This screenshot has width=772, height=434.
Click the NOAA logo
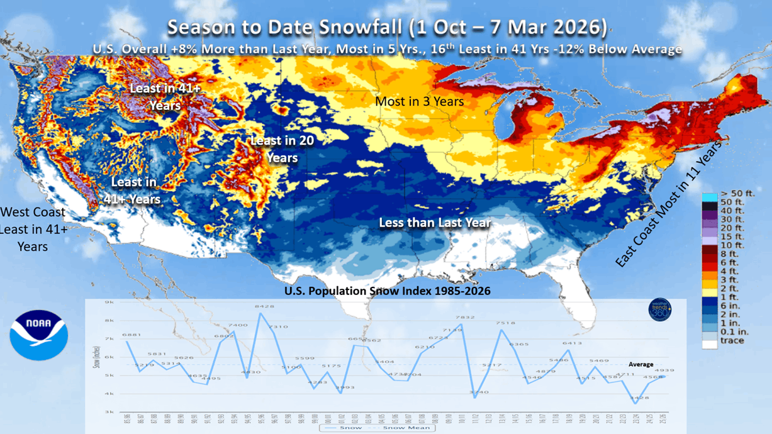(x=38, y=335)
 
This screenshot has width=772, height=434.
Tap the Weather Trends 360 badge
(x=659, y=309)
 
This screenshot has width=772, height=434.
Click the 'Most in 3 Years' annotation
(x=419, y=101)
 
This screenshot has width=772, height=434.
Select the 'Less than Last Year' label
(x=435, y=223)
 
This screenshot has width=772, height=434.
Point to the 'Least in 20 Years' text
(x=282, y=149)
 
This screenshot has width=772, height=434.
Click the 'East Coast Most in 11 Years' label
(x=670, y=201)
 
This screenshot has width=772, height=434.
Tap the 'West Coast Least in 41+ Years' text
(x=33, y=229)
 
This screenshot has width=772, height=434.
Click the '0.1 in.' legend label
(x=734, y=331)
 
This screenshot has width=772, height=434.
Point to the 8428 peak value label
(x=264, y=307)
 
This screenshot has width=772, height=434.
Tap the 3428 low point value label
(x=639, y=398)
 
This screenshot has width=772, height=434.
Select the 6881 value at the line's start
(x=131, y=335)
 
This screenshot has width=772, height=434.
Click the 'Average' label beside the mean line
(x=641, y=364)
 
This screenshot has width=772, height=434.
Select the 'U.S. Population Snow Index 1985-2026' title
(x=387, y=291)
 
